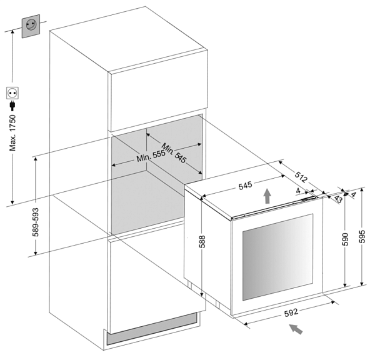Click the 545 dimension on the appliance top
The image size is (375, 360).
click(245, 186)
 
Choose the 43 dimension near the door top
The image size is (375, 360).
click(337, 198)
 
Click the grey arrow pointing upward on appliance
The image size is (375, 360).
click(267, 196)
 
